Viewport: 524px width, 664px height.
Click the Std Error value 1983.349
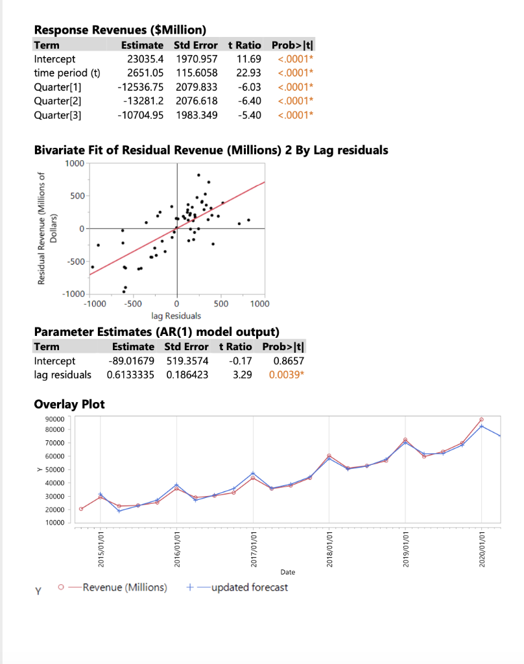196,115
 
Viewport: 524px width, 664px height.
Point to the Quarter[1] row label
57,87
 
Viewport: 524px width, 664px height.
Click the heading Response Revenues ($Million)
120,30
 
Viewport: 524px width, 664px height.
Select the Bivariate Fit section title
211,150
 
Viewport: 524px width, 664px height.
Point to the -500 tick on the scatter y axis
75,261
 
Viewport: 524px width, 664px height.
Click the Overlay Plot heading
69,405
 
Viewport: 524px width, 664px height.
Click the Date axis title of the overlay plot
288,572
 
